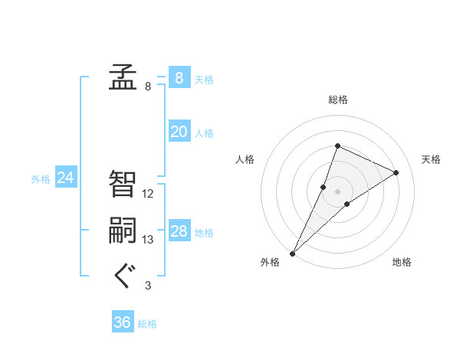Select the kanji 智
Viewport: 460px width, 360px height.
pyautogui.click(x=123, y=184)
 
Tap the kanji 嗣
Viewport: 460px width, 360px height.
pyautogui.click(x=123, y=231)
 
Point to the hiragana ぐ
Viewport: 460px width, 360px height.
pyautogui.click(x=123, y=277)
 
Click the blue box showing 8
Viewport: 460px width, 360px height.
pyautogui.click(x=179, y=78)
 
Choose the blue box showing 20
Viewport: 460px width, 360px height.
pyautogui.click(x=179, y=132)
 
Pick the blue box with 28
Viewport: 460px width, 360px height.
pyautogui.click(x=179, y=231)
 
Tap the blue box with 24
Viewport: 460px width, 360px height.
pyautogui.click(x=65, y=178)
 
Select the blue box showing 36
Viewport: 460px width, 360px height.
pyautogui.click(x=123, y=322)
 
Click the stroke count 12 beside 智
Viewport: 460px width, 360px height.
pyautogui.click(x=148, y=194)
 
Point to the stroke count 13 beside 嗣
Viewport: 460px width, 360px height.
pyautogui.click(x=148, y=240)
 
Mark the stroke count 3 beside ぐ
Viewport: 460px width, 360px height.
pyautogui.click(x=148, y=286)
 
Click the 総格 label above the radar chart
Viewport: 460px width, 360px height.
pyautogui.click(x=337, y=100)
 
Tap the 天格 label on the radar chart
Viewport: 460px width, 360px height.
pyautogui.click(x=432, y=159)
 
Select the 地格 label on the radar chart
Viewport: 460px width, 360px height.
pyautogui.click(x=402, y=262)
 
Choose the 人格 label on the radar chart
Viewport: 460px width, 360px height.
pyautogui.click(x=244, y=159)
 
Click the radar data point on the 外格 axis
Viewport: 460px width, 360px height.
pyautogui.click(x=293, y=253)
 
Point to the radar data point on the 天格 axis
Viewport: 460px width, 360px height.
pyautogui.click(x=396, y=172)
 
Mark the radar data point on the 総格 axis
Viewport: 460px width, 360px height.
pyautogui.click(x=337, y=146)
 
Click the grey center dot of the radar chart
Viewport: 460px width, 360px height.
pyautogui.click(x=337, y=191)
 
